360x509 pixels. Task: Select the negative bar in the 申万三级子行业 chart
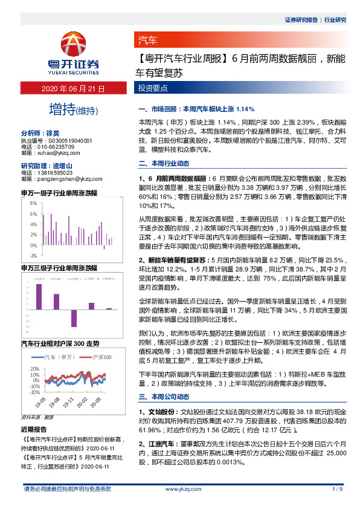coord(74,319)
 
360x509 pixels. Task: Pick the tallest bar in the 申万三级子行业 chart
coord(39,297)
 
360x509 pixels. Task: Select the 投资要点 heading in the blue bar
coord(151,89)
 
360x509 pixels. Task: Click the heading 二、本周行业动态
coord(164,163)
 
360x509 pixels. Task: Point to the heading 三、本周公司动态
coord(164,397)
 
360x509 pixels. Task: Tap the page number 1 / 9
coord(338,488)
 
